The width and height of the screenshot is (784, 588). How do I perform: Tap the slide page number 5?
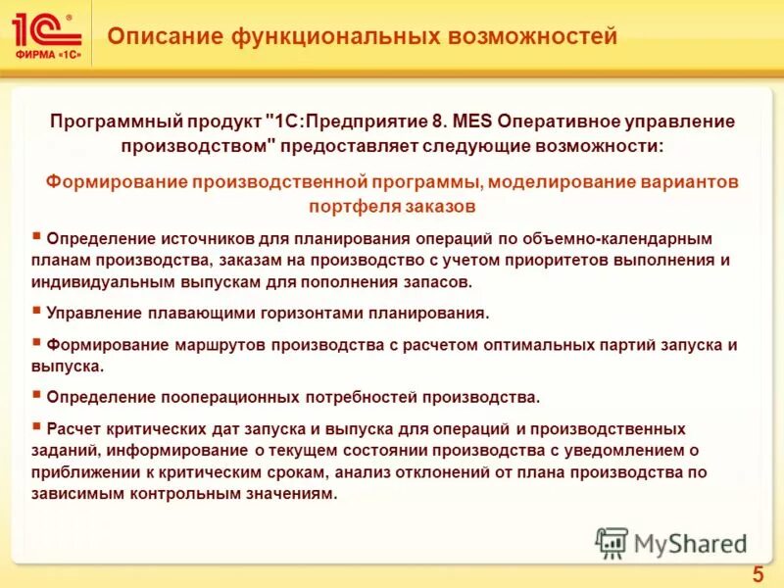pos(758,574)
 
